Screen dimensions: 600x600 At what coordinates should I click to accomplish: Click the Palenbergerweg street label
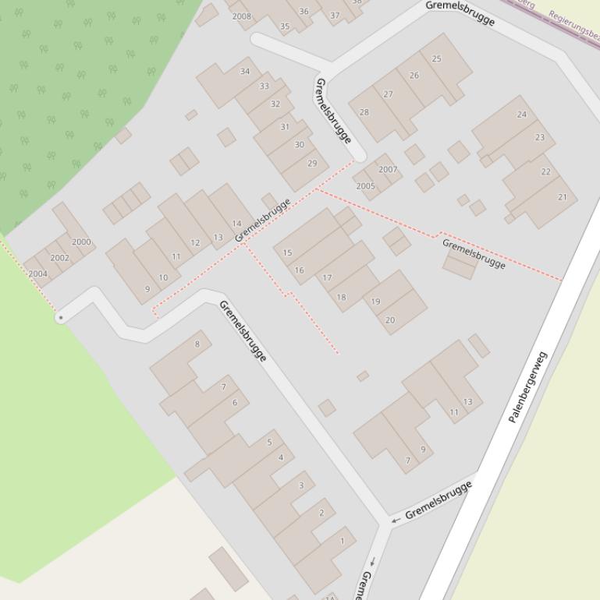pyautogui.click(x=528, y=387)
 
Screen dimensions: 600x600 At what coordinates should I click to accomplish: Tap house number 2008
pyautogui.click(x=242, y=16)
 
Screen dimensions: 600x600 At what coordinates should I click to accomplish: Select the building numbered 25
pyautogui.click(x=436, y=58)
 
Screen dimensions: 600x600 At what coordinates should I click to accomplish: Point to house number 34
pyautogui.click(x=245, y=72)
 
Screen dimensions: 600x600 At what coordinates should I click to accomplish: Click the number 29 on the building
pyautogui.click(x=312, y=164)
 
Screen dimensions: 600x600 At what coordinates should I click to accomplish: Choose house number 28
pyautogui.click(x=364, y=112)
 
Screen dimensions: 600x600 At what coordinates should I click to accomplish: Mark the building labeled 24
pyautogui.click(x=521, y=115)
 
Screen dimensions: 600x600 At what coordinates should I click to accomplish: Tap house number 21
pyautogui.click(x=562, y=197)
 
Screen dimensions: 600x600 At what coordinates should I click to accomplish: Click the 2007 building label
pyautogui.click(x=388, y=169)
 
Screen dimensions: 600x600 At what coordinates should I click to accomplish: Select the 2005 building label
pyautogui.click(x=365, y=186)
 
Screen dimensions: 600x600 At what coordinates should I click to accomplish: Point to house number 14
pyautogui.click(x=236, y=224)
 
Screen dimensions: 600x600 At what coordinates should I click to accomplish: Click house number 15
pyautogui.click(x=287, y=252)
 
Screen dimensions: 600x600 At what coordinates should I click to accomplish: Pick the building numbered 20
pyautogui.click(x=390, y=319)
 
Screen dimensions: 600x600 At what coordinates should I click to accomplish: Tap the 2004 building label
pyautogui.click(x=37, y=274)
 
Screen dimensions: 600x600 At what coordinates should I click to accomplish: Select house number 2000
pyautogui.click(x=81, y=242)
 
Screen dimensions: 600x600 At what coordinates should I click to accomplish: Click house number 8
pyautogui.click(x=197, y=344)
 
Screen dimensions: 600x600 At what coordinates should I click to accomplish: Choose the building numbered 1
pyautogui.click(x=342, y=540)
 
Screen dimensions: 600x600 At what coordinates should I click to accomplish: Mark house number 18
pyautogui.click(x=341, y=297)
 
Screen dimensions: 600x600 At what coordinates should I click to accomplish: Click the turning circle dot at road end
pyautogui.click(x=60, y=318)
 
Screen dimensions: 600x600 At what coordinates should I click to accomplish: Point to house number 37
pyautogui.click(x=335, y=15)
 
